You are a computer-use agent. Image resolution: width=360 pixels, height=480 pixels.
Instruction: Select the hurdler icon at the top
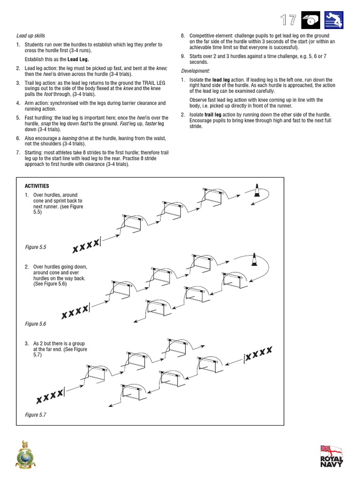click(333, 20)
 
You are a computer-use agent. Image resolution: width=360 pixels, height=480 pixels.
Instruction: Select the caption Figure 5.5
click(36, 247)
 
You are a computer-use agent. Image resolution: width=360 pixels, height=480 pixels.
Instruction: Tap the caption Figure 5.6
click(36, 324)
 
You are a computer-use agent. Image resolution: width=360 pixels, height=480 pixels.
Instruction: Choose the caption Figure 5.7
click(36, 415)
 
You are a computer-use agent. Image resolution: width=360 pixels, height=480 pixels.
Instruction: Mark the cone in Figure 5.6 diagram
click(254, 259)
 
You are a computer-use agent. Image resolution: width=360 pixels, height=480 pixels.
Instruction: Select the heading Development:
click(195, 71)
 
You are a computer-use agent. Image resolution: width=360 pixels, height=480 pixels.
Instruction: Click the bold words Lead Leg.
click(78, 60)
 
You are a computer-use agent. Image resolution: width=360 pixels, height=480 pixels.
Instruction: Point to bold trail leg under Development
click(213, 115)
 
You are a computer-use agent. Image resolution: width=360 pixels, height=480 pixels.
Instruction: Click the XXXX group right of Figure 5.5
click(87, 245)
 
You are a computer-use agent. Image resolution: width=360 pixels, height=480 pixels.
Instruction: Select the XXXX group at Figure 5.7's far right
click(258, 354)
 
